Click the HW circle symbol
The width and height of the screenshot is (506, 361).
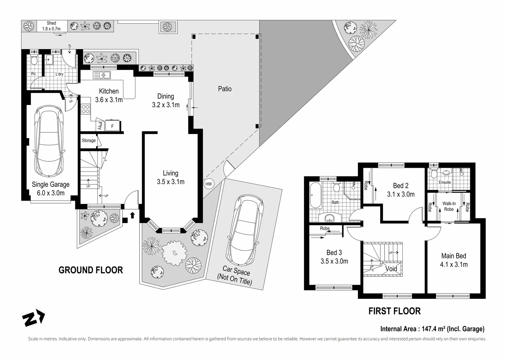pyautogui.click(x=208, y=184)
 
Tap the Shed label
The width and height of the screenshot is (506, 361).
pyautogui.click(x=51, y=23)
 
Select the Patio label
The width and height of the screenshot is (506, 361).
pyautogui.click(x=225, y=89)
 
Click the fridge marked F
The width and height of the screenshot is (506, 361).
pyautogui.click(x=112, y=126)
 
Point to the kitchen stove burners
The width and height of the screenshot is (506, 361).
pyautogui.click(x=86, y=109)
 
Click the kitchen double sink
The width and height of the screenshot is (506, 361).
pyautogui.click(x=102, y=75)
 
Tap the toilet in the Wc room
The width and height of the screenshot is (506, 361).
pyautogui.click(x=34, y=60)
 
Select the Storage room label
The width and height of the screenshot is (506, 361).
pyautogui.click(x=89, y=140)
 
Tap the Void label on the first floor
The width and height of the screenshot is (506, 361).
pyautogui.click(x=391, y=269)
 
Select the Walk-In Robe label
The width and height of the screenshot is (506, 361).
pyautogui.click(x=449, y=206)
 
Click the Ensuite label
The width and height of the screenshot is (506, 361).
pyautogui.click(x=445, y=182)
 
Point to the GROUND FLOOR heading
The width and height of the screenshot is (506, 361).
pyautogui.click(x=91, y=270)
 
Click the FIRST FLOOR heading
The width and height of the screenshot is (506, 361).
pyautogui.click(x=395, y=311)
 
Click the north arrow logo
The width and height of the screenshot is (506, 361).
pyautogui.click(x=33, y=318)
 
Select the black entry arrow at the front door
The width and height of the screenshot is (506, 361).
pyautogui.click(x=132, y=215)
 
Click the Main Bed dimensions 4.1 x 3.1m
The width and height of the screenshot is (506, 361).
pyautogui.click(x=454, y=264)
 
